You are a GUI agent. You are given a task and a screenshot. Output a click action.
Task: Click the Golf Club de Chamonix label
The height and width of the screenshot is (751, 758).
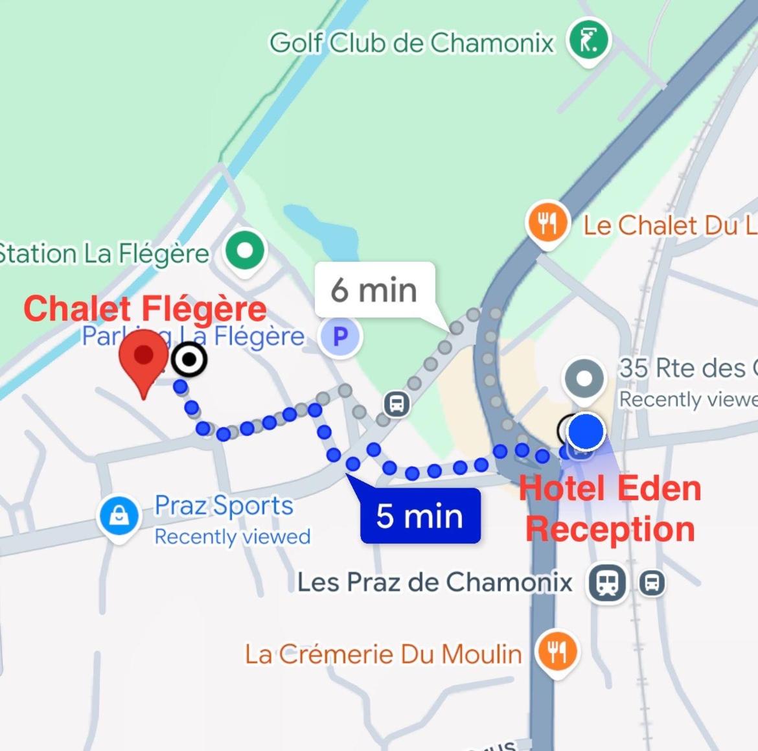pyautogui.click(x=412, y=43)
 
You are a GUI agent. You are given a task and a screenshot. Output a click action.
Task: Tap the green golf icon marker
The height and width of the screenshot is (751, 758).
pyautogui.click(x=589, y=40)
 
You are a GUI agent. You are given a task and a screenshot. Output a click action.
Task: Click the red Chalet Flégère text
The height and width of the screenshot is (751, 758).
pyautogui.click(x=145, y=308)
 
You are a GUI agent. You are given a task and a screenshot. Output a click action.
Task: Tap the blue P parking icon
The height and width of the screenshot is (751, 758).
pyautogui.click(x=340, y=336)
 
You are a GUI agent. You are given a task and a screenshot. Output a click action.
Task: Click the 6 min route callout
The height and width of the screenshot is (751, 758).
pyautogui.click(x=374, y=289)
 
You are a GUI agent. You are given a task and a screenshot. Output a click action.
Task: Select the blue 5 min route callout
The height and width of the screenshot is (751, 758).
pyautogui.click(x=420, y=516)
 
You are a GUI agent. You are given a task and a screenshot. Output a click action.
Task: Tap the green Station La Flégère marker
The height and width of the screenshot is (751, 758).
pyautogui.click(x=244, y=250)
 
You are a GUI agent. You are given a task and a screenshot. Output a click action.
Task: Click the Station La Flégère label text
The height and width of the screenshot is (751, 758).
pyautogui.click(x=104, y=253)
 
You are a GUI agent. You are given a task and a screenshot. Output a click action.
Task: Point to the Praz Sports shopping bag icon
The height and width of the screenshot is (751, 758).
pyautogui.click(x=119, y=516)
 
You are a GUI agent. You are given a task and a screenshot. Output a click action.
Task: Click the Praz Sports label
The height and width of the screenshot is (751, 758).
pyautogui.click(x=224, y=505)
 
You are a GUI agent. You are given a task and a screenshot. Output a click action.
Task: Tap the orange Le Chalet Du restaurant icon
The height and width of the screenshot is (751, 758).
pyautogui.click(x=547, y=224)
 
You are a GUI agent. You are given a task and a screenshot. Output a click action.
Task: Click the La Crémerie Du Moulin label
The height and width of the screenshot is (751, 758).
pyautogui.click(x=383, y=654)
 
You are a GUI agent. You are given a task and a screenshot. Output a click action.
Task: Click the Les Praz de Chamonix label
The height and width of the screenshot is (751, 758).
pyautogui.click(x=435, y=582)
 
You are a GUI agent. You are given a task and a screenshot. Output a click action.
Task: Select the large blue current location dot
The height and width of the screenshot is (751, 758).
pyautogui.click(x=586, y=431)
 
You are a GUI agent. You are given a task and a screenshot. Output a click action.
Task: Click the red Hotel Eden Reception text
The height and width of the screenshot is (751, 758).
pyautogui.click(x=610, y=509)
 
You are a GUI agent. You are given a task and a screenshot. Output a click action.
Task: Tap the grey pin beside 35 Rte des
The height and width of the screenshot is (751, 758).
pyautogui.click(x=584, y=378)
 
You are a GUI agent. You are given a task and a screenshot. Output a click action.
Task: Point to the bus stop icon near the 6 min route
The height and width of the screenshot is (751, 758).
pyautogui.click(x=396, y=404)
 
